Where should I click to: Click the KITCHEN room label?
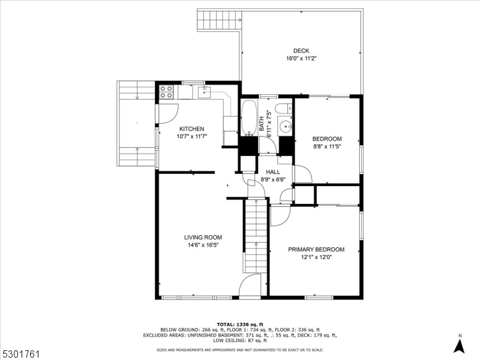point(191,129)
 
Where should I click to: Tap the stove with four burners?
point(166,92)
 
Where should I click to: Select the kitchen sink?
point(205,92)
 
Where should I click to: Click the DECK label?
point(301,51)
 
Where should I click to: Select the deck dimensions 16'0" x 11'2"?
point(301,59)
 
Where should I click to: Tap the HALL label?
point(273,172)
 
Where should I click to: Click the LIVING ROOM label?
point(203,238)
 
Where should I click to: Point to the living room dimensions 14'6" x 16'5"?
point(203,245)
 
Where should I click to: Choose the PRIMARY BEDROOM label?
point(316,250)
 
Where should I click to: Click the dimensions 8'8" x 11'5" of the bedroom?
point(327,145)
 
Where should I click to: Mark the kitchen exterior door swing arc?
point(168,113)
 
